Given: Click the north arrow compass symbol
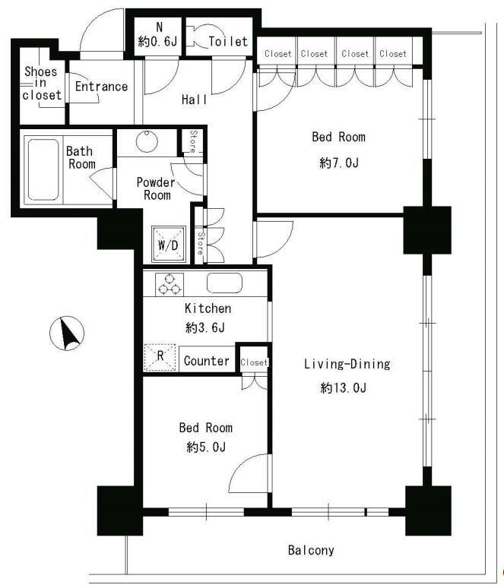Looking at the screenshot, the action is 67,334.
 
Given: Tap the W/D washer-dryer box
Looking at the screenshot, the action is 169,244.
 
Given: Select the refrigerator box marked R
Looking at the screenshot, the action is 160,357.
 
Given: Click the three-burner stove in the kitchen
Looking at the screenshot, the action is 170,284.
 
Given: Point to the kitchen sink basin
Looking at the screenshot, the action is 224,283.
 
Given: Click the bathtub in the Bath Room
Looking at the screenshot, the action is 43,169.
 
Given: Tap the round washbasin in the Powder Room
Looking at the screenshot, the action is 147,141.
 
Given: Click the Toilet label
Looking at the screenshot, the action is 228,41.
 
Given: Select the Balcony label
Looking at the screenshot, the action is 311,550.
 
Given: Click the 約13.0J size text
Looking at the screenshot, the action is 344,387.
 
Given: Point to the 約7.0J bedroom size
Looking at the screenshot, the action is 339,163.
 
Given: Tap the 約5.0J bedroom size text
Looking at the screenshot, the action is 206,447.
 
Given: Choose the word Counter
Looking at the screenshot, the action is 207,361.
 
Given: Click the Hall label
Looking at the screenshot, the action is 194,100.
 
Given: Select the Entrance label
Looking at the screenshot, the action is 101,87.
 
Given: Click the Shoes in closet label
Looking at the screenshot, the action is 42,83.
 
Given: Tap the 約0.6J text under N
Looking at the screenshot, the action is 157,41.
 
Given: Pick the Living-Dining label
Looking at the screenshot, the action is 347,364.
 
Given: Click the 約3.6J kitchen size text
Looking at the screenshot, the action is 205,327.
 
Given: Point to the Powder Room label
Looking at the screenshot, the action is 156,188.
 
